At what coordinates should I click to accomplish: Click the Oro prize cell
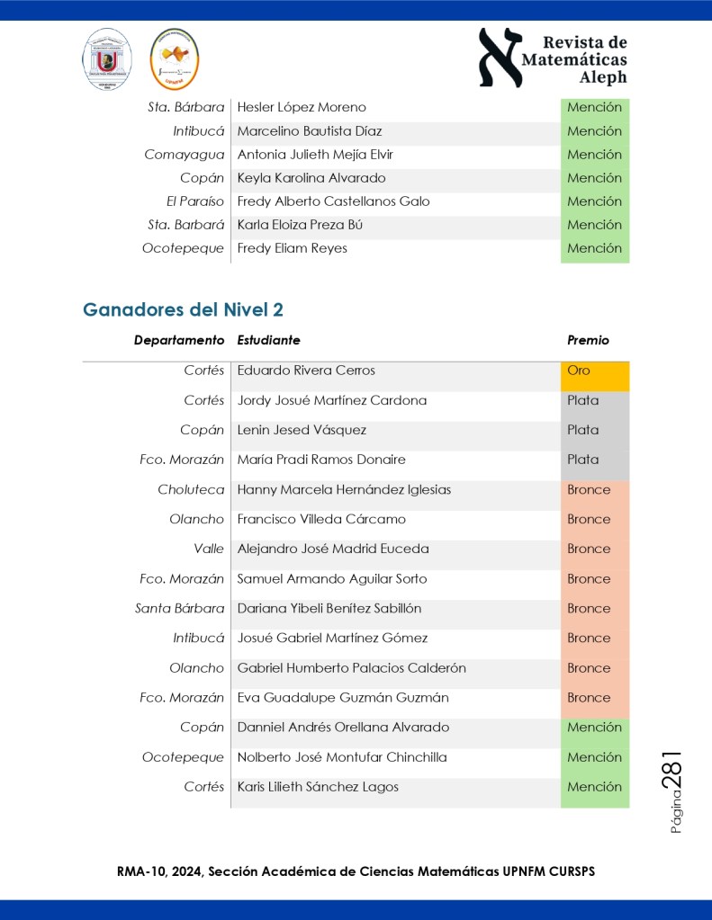[593, 371]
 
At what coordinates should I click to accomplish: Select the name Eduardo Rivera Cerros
[306, 371]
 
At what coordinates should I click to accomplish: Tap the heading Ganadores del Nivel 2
[184, 310]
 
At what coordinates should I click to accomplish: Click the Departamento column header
[179, 340]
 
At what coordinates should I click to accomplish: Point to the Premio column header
[588, 340]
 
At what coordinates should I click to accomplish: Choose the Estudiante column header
[268, 340]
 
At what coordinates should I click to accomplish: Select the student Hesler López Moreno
[302, 108]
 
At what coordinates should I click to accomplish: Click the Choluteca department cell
[191, 490]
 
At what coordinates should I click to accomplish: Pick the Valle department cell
[209, 549]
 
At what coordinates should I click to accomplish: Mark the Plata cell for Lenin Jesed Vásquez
[593, 430]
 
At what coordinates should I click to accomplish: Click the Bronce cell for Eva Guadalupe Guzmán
[593, 698]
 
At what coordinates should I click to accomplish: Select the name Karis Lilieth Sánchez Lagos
[318, 787]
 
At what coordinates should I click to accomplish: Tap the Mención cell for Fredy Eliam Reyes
[594, 248]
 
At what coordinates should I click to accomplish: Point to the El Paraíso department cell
[195, 201]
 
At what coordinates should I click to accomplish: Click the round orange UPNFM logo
[174, 58]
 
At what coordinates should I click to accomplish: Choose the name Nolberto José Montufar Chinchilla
[342, 757]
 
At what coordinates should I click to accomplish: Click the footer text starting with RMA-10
[356, 871]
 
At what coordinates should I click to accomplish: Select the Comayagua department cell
[185, 155]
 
